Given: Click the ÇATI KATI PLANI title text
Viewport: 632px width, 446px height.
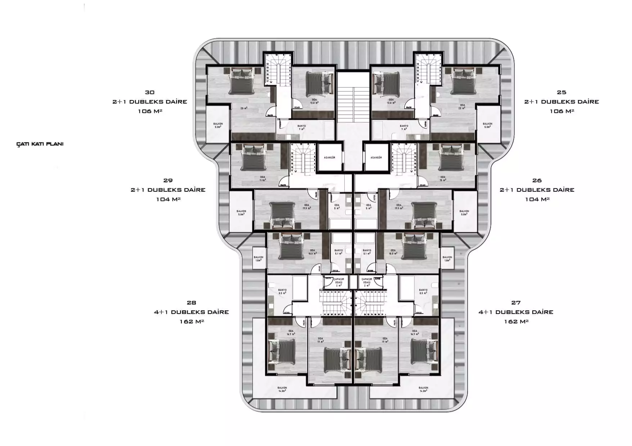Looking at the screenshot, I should [x=40, y=144].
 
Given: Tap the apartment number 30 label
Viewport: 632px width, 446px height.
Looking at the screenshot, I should [x=149, y=92].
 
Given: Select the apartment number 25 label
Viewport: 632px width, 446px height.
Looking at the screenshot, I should [x=561, y=92].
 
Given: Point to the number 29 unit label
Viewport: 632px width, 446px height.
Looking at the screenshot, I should [x=168, y=181].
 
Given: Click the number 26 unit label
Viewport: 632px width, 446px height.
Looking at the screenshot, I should [x=537, y=181].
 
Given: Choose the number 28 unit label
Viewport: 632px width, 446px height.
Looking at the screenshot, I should [x=191, y=303].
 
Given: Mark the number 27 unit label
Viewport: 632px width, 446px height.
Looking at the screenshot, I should [x=516, y=303].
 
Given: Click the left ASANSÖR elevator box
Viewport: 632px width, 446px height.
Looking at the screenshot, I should [x=329, y=158].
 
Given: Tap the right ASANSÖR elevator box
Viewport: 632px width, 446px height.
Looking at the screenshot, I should [x=376, y=158].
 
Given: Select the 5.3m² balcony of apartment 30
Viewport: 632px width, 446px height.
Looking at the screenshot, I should [x=217, y=125].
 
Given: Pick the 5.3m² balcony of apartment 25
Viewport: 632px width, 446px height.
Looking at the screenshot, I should [x=488, y=125].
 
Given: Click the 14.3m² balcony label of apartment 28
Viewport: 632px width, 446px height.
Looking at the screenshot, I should [x=282, y=389].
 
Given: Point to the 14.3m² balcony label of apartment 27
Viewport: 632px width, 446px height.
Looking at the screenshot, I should [x=423, y=389].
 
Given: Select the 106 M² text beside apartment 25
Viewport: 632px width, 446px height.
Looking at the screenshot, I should [x=561, y=111].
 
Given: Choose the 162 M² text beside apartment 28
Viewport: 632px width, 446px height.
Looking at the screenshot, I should [x=192, y=322].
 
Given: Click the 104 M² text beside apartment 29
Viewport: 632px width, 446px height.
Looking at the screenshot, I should [x=168, y=199].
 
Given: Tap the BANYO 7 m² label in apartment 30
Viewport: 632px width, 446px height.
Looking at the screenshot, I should [x=301, y=127].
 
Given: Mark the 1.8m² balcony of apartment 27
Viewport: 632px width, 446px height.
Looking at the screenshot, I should [x=447, y=259].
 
